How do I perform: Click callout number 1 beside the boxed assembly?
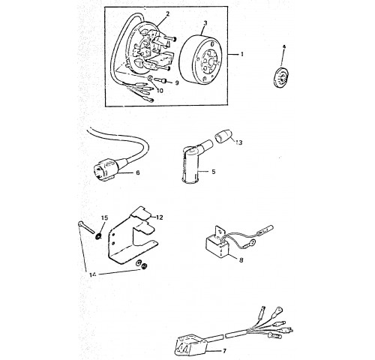241,54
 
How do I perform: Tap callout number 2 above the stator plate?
167,14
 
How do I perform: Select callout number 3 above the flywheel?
205,23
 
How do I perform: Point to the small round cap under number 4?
281,78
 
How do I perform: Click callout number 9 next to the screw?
177,82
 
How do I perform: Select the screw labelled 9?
162,80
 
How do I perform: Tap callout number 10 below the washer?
160,90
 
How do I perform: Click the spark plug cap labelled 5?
192,163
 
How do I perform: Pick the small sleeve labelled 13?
223,137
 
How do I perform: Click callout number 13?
239,142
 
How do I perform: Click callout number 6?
137,172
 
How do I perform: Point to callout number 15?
104,218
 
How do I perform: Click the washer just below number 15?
98,235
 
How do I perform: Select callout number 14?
92,274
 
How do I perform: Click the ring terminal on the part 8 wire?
253,241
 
